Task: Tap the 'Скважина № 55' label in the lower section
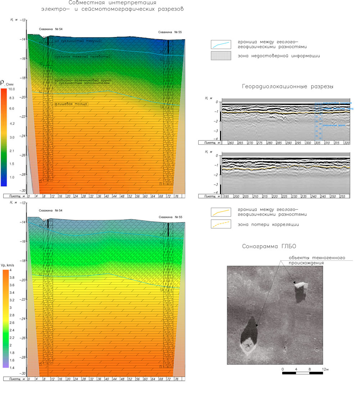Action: pyautogui.click(x=170, y=217)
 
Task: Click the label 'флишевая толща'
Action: pyautogui.click(x=72, y=104)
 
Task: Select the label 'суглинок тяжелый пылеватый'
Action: pyautogui.click(x=82, y=57)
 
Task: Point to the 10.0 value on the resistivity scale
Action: pyautogui.click(x=12, y=89)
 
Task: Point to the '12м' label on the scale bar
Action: pyautogui.click(x=325, y=370)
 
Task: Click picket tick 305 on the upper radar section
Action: pyautogui.click(x=318, y=143)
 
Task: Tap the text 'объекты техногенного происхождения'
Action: pyautogui.click(x=317, y=260)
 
